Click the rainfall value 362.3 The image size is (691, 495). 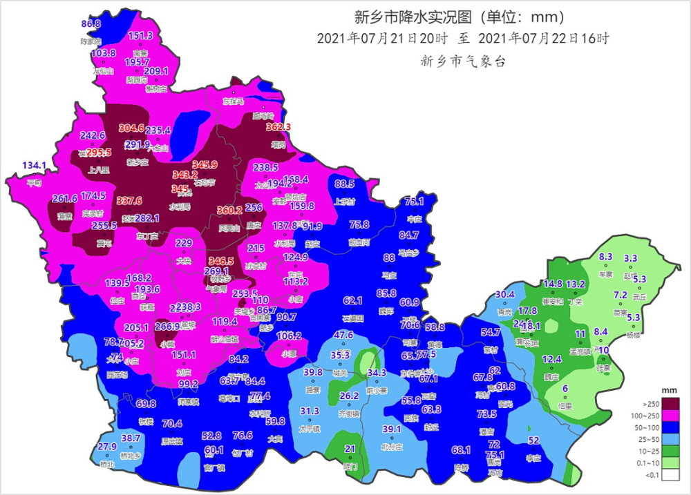click(x=278, y=127)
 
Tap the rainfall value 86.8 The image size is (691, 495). click(x=91, y=24)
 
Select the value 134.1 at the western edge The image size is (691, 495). click(x=34, y=166)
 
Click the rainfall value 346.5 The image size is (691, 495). click(x=221, y=261)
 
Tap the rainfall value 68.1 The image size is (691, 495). click(x=461, y=450)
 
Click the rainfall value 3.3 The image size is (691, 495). click(x=630, y=259)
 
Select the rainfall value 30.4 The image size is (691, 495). click(x=505, y=295)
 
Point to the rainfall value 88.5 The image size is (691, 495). click(x=344, y=184)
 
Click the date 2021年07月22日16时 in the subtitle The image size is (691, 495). click(x=543, y=39)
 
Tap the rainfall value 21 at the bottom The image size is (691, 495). click(x=350, y=449)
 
